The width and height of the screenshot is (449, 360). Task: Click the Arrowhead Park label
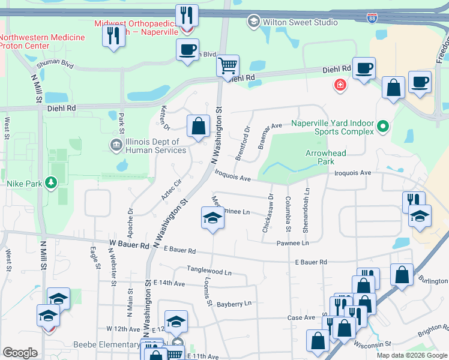pyautogui.click(x=325, y=157)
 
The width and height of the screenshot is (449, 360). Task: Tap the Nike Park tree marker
pyautogui.click(x=52, y=182)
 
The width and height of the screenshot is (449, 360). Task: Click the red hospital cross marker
pyautogui.click(x=340, y=86)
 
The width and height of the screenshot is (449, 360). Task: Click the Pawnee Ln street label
pyautogui.click(x=292, y=243)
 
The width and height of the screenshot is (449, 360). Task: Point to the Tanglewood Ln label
pyautogui.click(x=209, y=271)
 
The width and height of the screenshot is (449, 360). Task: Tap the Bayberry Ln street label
pyautogui.click(x=234, y=304)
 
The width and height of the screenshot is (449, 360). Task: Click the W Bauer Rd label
pyautogui.click(x=129, y=245)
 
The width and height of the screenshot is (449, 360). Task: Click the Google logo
pyautogui.click(x=20, y=353)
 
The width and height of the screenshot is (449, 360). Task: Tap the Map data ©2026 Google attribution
pyautogui.click(x=412, y=355)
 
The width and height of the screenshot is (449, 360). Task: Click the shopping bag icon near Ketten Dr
pyautogui.click(x=198, y=127)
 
